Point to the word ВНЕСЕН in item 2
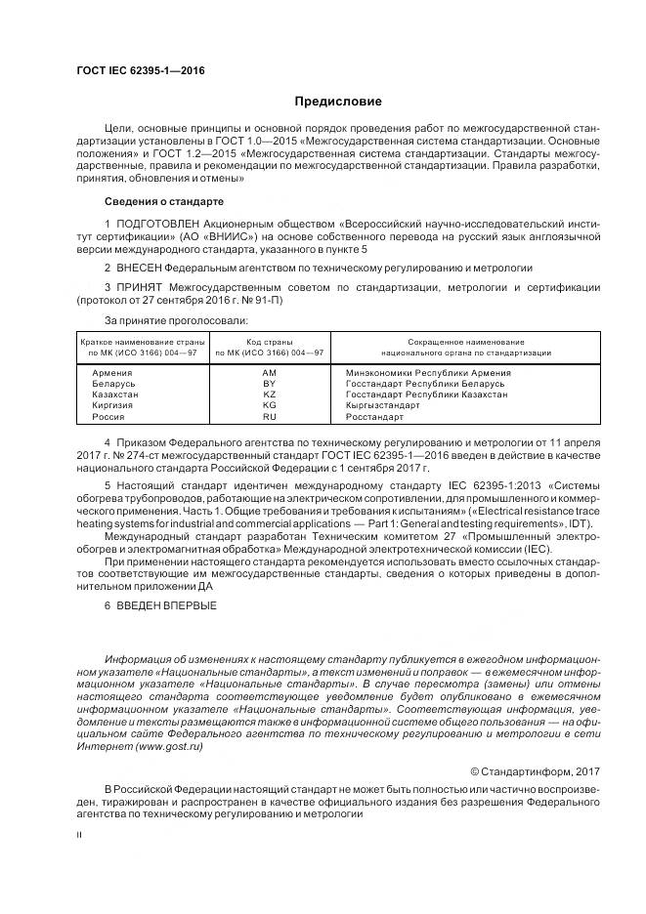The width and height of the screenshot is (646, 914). (x=139, y=267)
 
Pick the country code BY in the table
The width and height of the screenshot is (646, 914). (x=270, y=384)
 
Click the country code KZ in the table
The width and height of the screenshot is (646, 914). (x=270, y=395)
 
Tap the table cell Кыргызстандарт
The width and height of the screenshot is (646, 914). (x=388, y=405)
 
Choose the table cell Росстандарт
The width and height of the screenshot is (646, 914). (x=374, y=416)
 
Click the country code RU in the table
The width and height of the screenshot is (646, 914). (x=270, y=416)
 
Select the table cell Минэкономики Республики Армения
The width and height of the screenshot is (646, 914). (x=428, y=373)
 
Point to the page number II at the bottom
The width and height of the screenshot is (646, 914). (x=80, y=835)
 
